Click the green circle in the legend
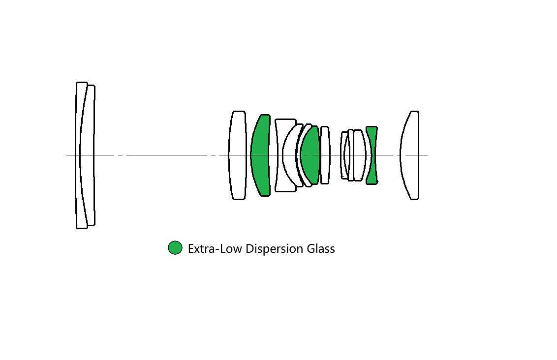[175, 248]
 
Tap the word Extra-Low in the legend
[215, 248]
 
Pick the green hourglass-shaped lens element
[371, 155]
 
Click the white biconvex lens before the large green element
[237, 155]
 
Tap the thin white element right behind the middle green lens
[325, 155]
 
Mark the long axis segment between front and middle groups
[167, 155]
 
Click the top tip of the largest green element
[265, 115]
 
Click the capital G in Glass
[311, 248]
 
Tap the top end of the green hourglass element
[371, 127]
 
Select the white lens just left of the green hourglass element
[360, 155]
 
